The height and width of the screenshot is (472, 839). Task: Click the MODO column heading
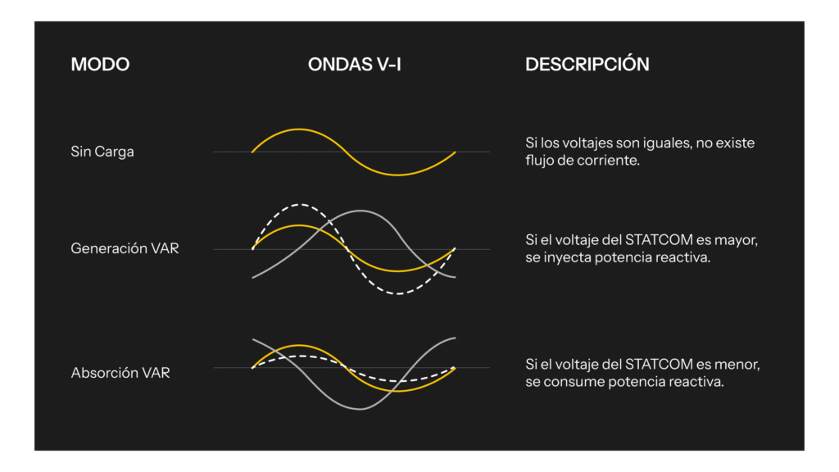tap(100, 64)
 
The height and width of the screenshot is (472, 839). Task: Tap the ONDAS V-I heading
tap(354, 64)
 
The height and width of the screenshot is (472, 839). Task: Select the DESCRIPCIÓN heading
tap(587, 64)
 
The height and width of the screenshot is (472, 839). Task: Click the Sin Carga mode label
tap(102, 152)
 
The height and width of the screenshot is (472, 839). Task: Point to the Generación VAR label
tap(125, 248)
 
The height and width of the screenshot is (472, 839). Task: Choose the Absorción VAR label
tap(120, 373)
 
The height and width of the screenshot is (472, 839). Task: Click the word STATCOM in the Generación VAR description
tap(660, 240)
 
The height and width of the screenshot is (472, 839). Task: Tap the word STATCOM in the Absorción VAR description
tap(660, 364)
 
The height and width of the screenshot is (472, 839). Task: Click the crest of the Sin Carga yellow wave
tap(298, 129)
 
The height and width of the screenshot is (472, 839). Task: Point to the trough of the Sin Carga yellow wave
tap(397, 175)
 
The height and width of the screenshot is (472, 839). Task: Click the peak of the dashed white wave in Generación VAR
tap(300, 204)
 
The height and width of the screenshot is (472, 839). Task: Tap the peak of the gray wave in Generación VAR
tap(361, 211)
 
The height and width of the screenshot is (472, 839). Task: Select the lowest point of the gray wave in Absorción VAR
tap(361, 410)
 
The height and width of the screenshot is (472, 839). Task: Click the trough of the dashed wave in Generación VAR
tap(398, 294)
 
